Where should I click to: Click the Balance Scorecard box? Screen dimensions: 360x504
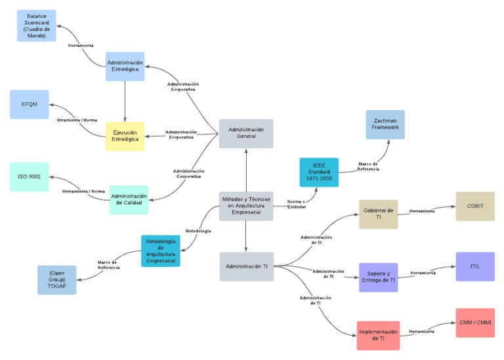pyautogui.click(x=36, y=26)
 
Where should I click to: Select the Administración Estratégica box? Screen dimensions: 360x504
pyautogui.click(x=125, y=67)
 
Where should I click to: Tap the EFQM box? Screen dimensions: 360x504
pyautogui.click(x=30, y=104)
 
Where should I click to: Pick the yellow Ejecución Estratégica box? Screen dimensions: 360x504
pyautogui.click(x=125, y=136)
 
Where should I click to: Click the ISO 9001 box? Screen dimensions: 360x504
pyautogui.click(x=30, y=177)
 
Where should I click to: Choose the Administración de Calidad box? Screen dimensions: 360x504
pyautogui.click(x=129, y=199)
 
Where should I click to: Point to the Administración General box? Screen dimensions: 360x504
pyautogui.click(x=246, y=134)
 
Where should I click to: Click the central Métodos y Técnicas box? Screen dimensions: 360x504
pyautogui.click(x=246, y=206)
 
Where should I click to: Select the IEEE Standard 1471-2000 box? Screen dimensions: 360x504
pyautogui.click(x=319, y=172)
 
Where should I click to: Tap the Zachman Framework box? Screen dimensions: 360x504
pyautogui.click(x=385, y=125)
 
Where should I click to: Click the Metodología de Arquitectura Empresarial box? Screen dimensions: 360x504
pyautogui.click(x=160, y=250)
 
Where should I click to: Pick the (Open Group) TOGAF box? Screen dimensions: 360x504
pyautogui.click(x=57, y=279)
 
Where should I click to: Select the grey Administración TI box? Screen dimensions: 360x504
pyautogui.click(x=246, y=266)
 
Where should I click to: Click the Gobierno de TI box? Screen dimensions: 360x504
pyautogui.click(x=378, y=214)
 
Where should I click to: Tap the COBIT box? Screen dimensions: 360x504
pyautogui.click(x=475, y=207)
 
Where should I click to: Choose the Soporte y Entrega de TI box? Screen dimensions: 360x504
pyautogui.click(x=378, y=277)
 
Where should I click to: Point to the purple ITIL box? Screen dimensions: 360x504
pyautogui.click(x=475, y=266)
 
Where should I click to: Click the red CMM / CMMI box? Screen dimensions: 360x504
pyautogui.click(x=475, y=323)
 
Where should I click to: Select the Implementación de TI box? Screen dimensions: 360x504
pyautogui.click(x=378, y=336)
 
